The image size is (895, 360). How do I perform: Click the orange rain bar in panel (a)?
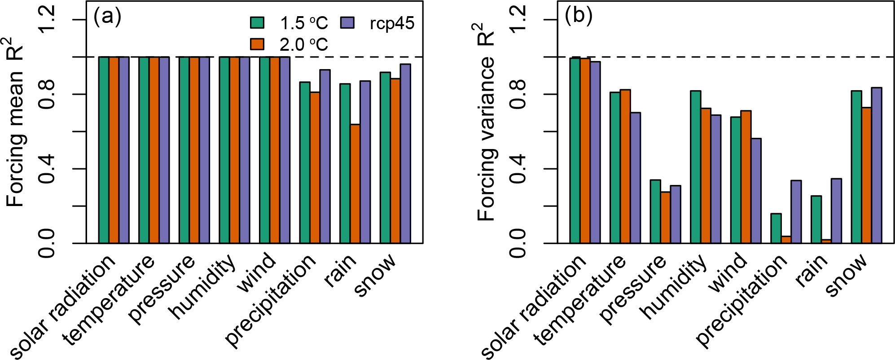(355, 184)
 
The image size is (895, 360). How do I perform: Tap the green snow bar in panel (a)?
(385, 158)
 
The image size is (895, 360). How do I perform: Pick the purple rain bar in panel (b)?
(836, 211)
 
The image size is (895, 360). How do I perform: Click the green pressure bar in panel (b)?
(655, 211)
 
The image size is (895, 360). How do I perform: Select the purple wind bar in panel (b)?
(756, 191)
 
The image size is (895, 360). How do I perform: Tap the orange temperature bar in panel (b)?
(625, 167)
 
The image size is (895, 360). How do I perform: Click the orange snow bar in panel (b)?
(866, 176)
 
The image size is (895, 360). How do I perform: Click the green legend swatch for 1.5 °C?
(257, 22)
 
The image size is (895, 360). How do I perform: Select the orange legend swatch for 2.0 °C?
(257, 44)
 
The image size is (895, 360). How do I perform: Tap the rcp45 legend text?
(392, 23)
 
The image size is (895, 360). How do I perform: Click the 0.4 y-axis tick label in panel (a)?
(47, 169)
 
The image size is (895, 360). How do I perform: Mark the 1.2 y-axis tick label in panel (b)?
(518, 20)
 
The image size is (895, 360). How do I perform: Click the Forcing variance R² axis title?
(486, 121)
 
